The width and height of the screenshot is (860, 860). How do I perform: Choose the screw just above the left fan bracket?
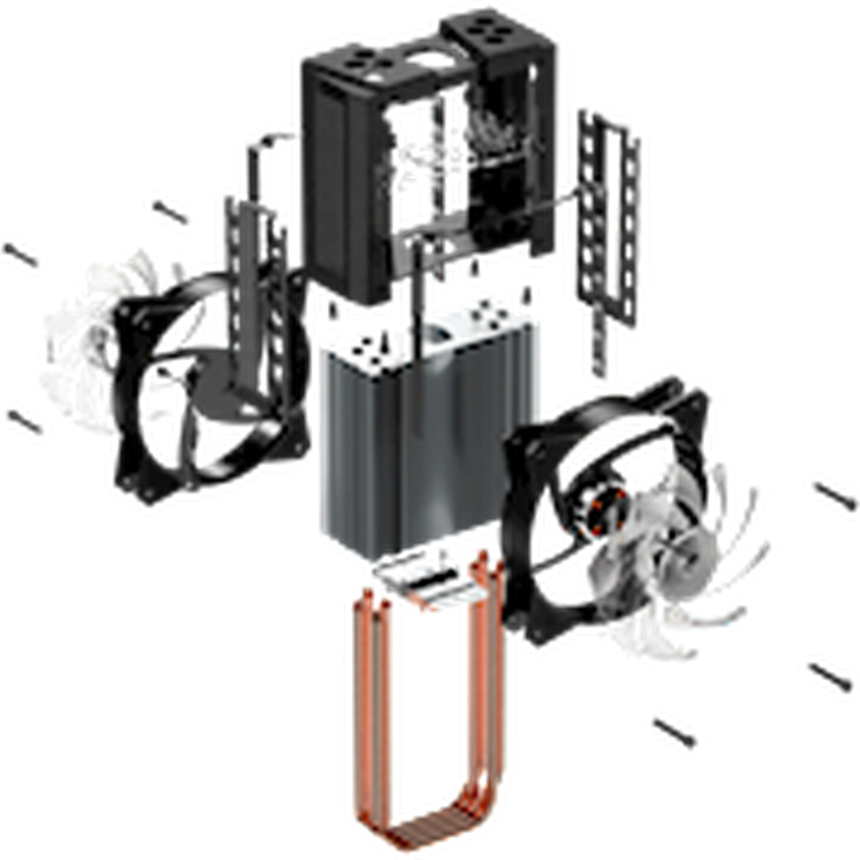(169, 210)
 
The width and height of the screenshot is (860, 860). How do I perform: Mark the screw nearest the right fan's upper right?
(830, 494)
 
